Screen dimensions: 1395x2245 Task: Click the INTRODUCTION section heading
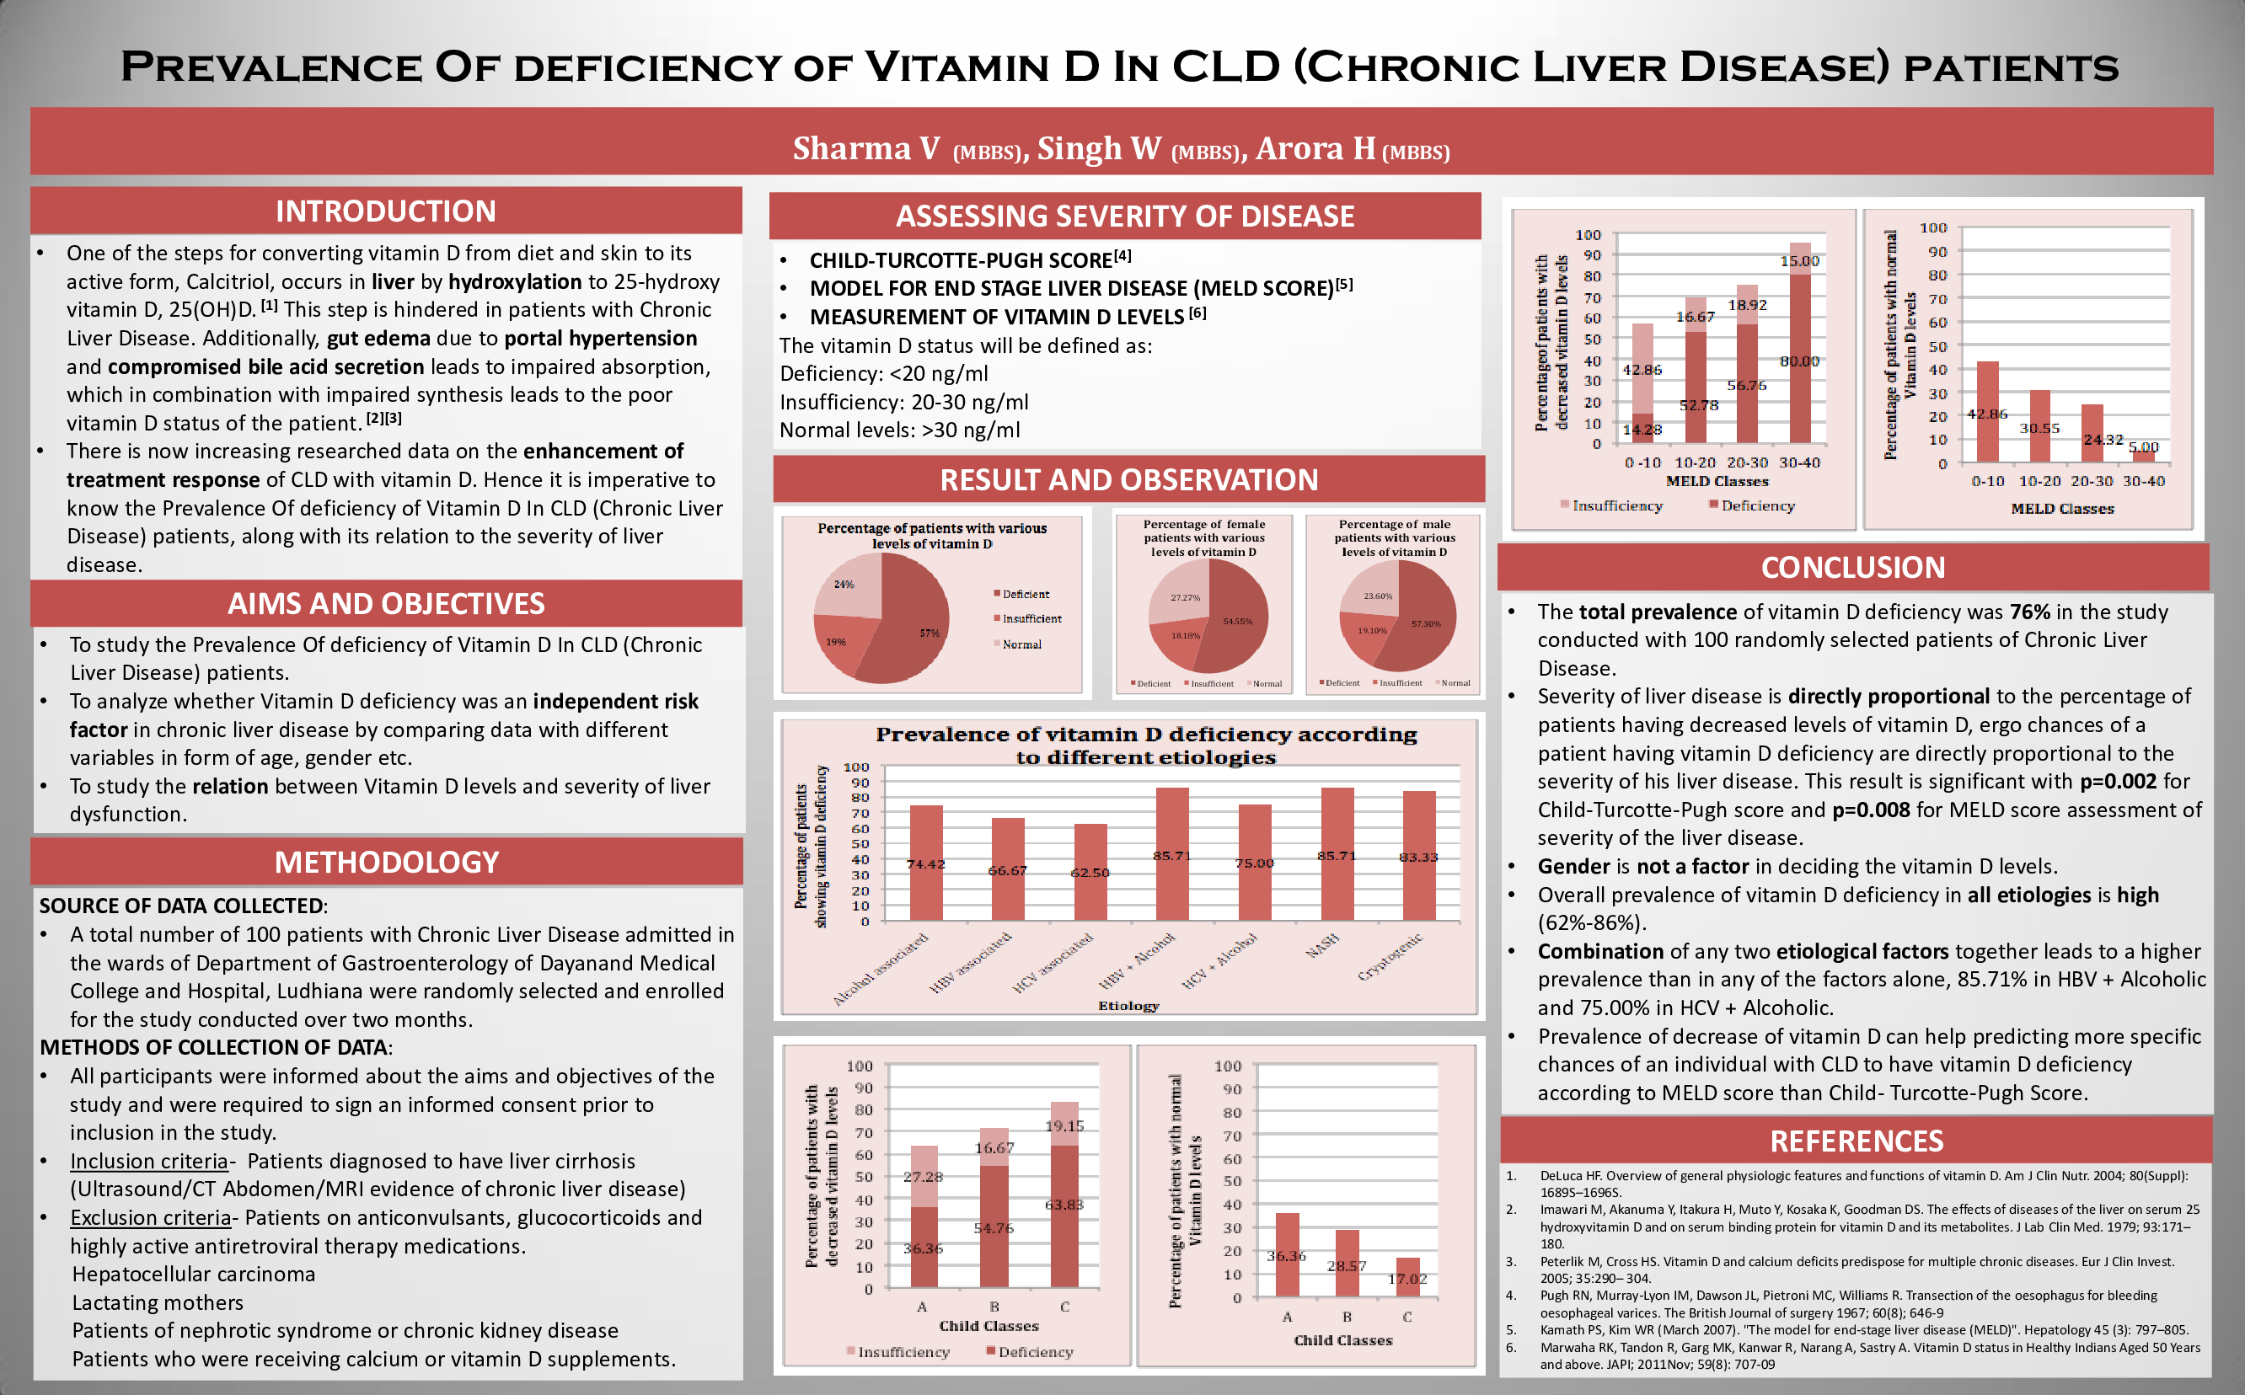pos(386,211)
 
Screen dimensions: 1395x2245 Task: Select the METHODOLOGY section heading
pos(387,862)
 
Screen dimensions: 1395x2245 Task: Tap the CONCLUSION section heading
pos(1853,568)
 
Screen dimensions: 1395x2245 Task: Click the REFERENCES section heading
pos(1857,1141)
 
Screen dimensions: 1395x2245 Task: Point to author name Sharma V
pos(865,148)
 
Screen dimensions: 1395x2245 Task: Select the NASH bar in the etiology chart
pos(1337,853)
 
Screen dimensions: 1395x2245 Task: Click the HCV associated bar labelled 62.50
pos(1090,873)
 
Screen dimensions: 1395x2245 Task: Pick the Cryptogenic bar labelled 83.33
pos(1418,855)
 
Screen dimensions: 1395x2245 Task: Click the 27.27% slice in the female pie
pos(1182,598)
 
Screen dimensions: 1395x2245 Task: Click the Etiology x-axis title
pos(1128,1006)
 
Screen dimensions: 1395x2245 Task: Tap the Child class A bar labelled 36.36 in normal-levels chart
pos(1286,1256)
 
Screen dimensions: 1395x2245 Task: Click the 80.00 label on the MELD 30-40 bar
pos(1799,361)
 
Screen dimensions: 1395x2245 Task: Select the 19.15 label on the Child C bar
pos(1064,1125)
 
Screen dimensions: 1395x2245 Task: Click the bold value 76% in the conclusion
pos(2030,612)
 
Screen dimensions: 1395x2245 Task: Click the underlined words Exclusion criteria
pos(150,1218)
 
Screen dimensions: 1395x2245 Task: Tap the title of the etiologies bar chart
pos(1146,746)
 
